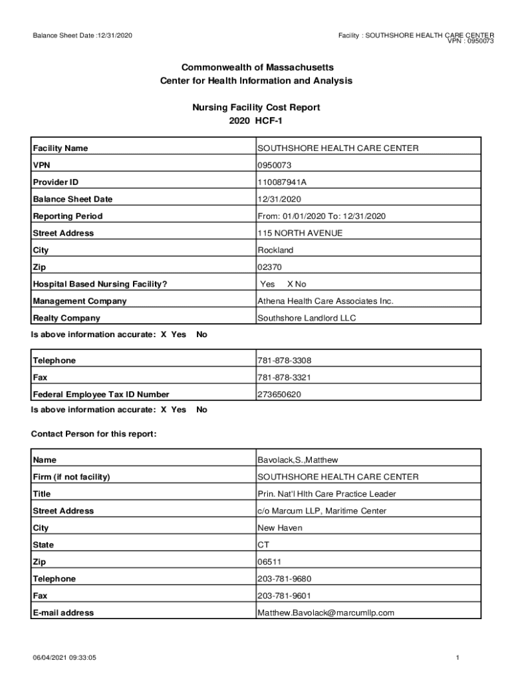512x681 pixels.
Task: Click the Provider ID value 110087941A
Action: tap(282, 182)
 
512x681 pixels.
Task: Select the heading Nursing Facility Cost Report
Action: tap(256, 107)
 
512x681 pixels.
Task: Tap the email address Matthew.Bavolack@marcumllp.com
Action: tap(326, 613)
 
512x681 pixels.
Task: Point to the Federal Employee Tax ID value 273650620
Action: tap(279, 394)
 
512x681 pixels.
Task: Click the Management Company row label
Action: tap(80, 301)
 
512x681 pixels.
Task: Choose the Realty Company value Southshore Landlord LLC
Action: tap(307, 318)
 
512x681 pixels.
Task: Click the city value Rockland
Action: tap(275, 250)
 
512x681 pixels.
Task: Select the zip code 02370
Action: tap(270, 267)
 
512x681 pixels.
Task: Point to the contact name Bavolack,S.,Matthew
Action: tap(298, 460)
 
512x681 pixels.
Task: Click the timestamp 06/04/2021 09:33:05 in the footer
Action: tap(65, 658)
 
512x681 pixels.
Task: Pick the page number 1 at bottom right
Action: tap(458, 658)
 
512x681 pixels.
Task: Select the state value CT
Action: tap(263, 545)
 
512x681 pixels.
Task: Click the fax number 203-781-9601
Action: tap(284, 596)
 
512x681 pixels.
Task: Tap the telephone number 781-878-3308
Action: tap(284, 360)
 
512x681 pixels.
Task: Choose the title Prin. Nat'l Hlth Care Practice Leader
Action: tap(326, 494)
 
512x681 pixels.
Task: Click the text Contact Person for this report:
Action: tap(94, 434)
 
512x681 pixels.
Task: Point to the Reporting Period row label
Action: tap(68, 216)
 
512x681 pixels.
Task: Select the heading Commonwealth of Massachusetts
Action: tap(256, 68)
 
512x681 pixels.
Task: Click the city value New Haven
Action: tap(280, 528)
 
